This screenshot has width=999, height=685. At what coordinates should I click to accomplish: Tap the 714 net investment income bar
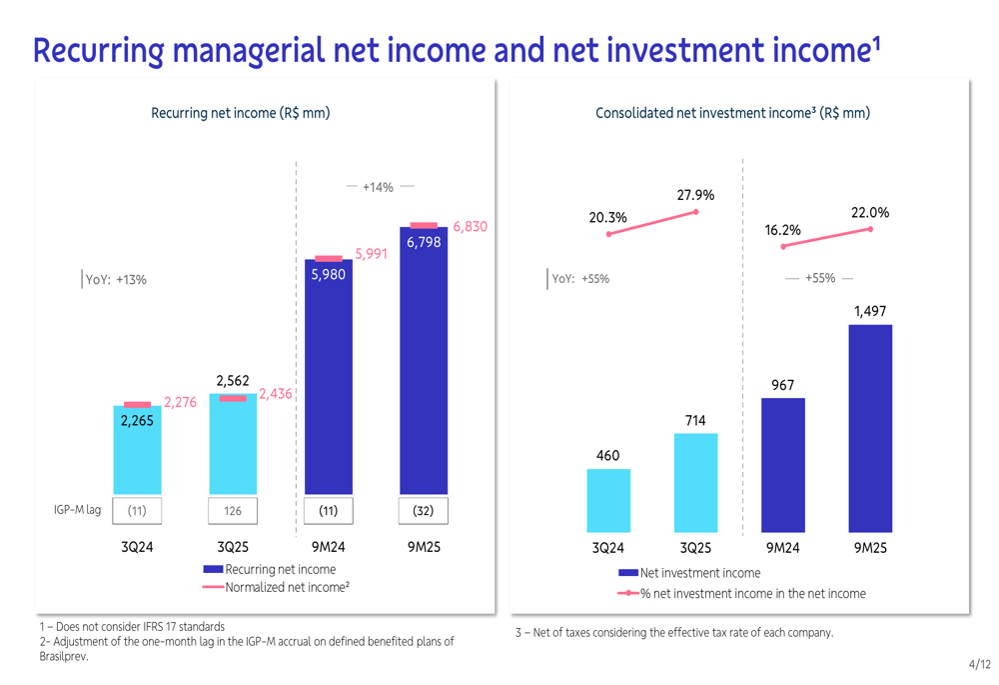(x=695, y=482)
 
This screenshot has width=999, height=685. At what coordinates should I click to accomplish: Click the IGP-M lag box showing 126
(x=233, y=510)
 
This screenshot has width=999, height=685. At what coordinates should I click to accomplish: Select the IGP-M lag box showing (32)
(x=424, y=510)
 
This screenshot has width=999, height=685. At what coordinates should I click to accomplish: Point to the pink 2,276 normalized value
(x=181, y=403)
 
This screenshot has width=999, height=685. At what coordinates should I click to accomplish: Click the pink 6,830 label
(x=470, y=227)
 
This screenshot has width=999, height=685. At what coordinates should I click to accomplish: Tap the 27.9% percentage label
(x=695, y=195)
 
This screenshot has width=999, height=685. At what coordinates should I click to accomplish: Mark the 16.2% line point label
(x=783, y=230)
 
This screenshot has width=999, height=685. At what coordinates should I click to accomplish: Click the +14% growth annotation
(x=378, y=187)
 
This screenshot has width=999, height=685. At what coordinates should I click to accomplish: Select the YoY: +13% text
(x=116, y=280)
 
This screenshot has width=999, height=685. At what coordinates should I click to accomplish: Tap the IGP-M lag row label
(x=77, y=510)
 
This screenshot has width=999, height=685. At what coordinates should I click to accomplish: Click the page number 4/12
(x=979, y=664)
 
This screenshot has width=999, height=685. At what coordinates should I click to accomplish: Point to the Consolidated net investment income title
(x=732, y=113)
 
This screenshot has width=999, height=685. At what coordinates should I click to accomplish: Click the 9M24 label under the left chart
(x=328, y=547)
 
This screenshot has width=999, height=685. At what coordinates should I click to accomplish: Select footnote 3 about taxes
(x=673, y=632)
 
